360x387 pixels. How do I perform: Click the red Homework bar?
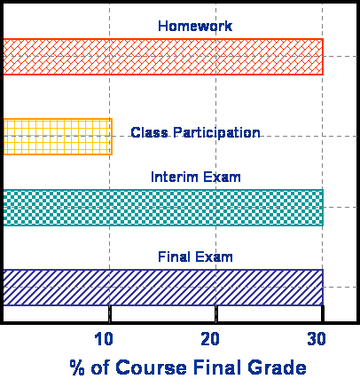pyautogui.click(x=163, y=57)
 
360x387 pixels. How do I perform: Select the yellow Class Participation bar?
pyautogui.click(x=58, y=137)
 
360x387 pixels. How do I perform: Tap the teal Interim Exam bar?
pyautogui.click(x=163, y=208)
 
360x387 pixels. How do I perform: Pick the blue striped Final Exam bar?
pyautogui.click(x=163, y=288)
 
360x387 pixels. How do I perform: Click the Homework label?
pyautogui.click(x=195, y=26)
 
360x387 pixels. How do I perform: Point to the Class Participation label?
pyautogui.click(x=195, y=133)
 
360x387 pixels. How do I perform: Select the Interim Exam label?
pyautogui.click(x=196, y=177)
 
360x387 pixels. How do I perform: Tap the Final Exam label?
pyautogui.click(x=195, y=257)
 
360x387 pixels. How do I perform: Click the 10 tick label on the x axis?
pyautogui.click(x=104, y=339)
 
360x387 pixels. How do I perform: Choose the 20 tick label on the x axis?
pyautogui.click(x=210, y=339)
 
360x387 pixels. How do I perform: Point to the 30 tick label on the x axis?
pyautogui.click(x=317, y=339)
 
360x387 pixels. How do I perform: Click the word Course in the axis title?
pyautogui.click(x=151, y=367)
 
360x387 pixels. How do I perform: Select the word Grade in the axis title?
pyautogui.click(x=277, y=367)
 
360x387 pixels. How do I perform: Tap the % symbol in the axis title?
pyautogui.click(x=77, y=367)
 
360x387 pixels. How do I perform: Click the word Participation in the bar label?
pyautogui.click(x=216, y=133)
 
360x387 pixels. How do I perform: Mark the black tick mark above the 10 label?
pyautogui.click(x=110, y=313)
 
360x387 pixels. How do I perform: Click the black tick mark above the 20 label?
pyautogui.click(x=216, y=313)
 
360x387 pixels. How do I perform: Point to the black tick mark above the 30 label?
pyautogui.click(x=323, y=313)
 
